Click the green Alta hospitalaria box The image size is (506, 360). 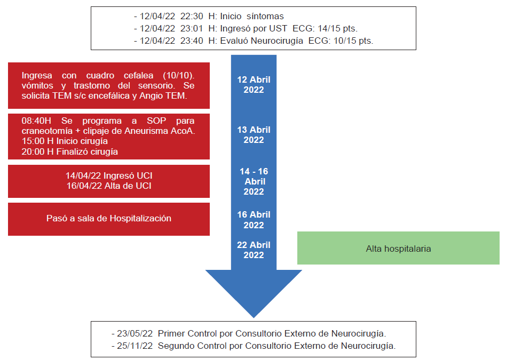point(398,248)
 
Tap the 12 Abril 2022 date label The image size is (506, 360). point(254,84)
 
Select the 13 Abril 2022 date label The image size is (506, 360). point(254,134)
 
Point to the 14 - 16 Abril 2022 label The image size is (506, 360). point(254,181)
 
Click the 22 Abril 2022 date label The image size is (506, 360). point(254,250)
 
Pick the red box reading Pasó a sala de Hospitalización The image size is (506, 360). point(108,218)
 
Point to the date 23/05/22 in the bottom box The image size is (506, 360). point(136,333)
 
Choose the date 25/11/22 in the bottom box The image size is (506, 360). point(136,346)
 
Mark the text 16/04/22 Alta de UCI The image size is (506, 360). point(108,185)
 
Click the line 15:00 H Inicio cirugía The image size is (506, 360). point(65,141)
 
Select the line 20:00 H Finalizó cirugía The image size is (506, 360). point(69,151)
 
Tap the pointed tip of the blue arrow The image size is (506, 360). point(254,316)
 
